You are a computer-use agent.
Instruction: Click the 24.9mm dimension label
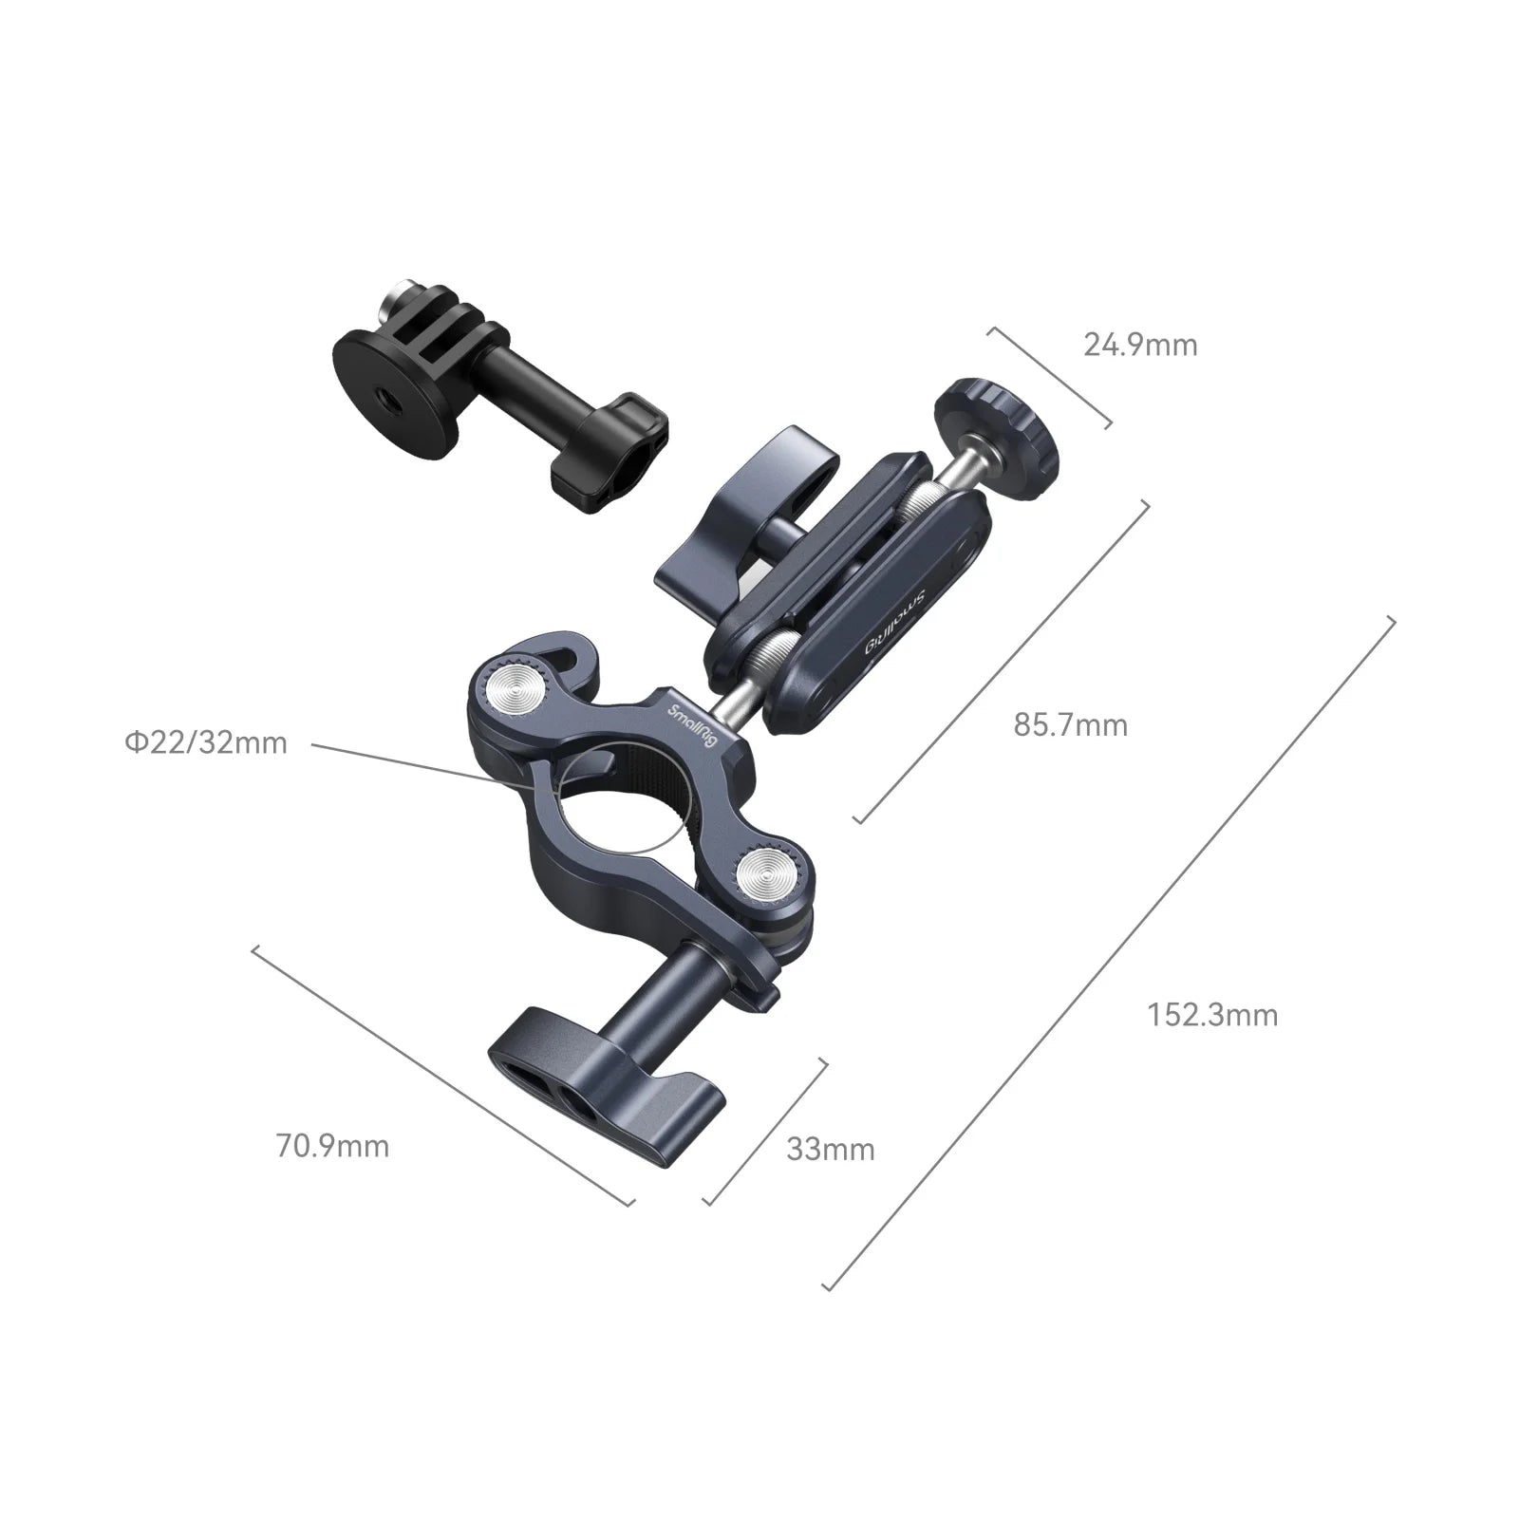point(1140,345)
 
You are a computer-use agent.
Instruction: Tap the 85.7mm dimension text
point(1071,725)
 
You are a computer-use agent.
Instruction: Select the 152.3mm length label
point(1212,1015)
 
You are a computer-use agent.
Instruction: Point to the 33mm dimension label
point(830,1150)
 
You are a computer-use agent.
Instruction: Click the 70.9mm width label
point(332,1146)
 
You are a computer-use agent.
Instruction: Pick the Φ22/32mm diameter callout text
point(205,741)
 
